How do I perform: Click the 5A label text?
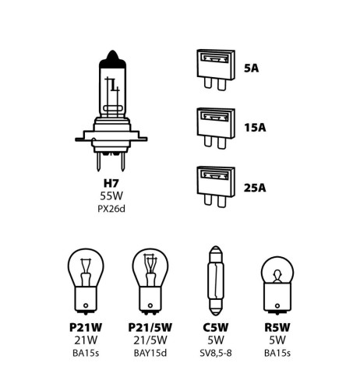coord(251,68)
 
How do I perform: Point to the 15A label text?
coord(254,125)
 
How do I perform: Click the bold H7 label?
coord(112,185)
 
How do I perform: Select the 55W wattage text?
coord(112,199)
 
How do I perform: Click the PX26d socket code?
coord(112,211)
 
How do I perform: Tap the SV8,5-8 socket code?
coord(214,355)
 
